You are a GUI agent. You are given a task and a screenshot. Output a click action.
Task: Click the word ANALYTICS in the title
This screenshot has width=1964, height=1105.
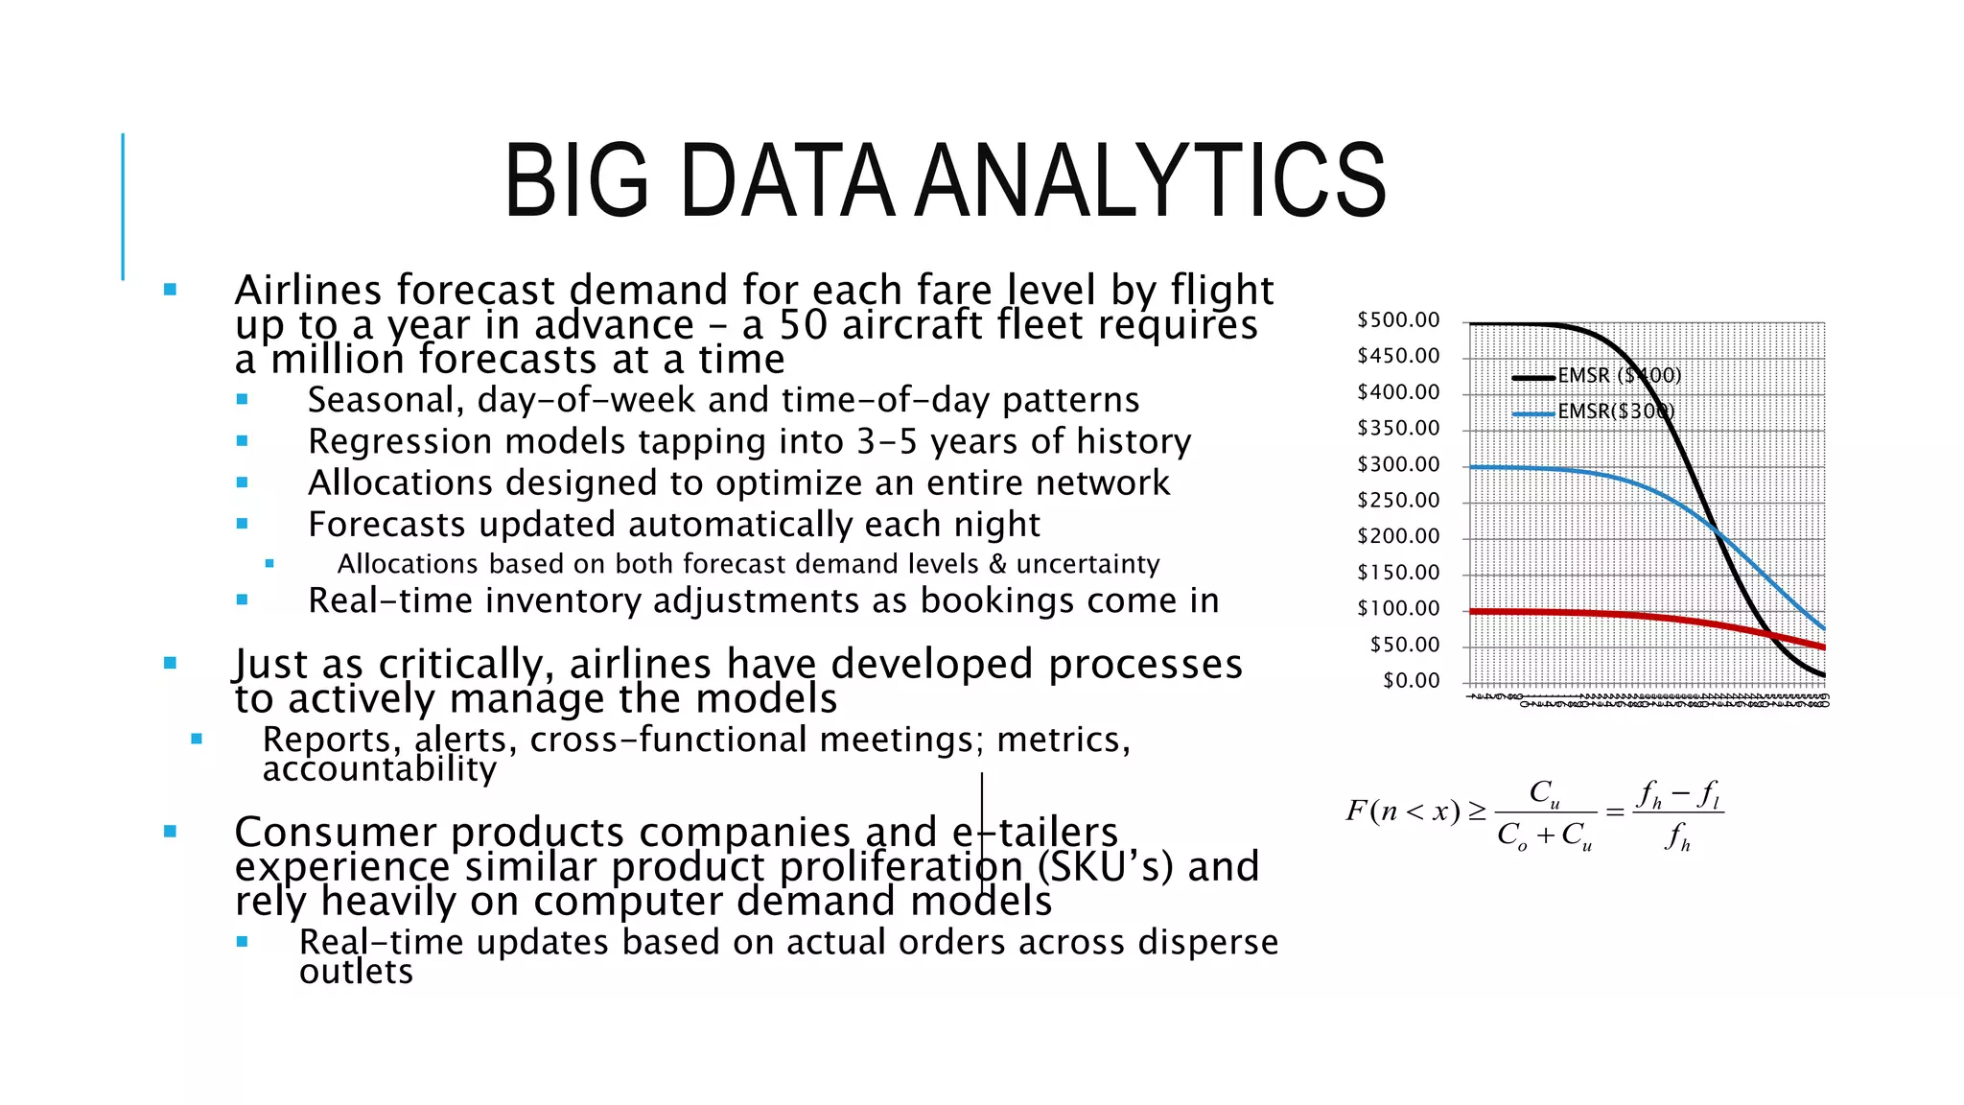tap(1150, 180)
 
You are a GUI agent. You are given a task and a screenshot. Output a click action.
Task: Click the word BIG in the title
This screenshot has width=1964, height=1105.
tap(576, 180)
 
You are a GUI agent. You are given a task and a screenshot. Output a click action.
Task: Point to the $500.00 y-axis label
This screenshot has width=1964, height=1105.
tap(1398, 319)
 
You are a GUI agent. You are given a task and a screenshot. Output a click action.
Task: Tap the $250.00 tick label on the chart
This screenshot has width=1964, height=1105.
tap(1398, 500)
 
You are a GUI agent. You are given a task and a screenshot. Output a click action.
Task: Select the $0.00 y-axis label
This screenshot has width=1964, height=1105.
tap(1411, 680)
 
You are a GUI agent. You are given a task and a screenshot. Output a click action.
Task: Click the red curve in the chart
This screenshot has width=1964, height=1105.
tap(1630, 615)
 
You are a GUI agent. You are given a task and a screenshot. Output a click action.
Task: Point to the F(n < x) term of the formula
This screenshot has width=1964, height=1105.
tap(1402, 811)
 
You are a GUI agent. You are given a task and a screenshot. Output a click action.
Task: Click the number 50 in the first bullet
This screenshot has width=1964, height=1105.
tap(803, 325)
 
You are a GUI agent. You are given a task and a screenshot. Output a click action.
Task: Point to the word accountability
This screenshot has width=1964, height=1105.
tap(380, 769)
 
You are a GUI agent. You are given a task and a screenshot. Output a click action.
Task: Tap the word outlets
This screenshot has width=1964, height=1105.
tap(356, 972)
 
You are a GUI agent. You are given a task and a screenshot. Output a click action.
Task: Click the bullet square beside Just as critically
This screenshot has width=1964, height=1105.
tap(171, 663)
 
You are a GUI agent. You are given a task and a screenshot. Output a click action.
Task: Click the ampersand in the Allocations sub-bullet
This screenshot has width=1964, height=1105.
tap(997, 564)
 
